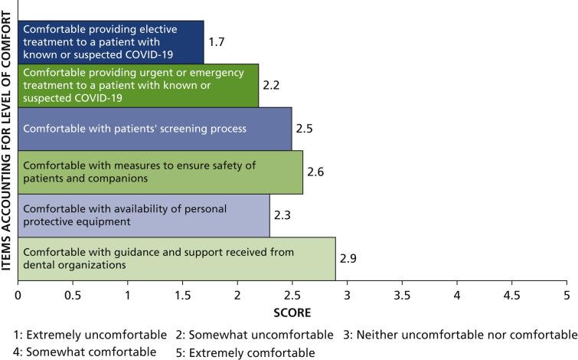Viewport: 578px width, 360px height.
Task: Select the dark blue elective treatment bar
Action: pyautogui.click(x=111, y=42)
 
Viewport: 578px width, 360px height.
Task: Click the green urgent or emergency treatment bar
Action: pyautogui.click(x=139, y=86)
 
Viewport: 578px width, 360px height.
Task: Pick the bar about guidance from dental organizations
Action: pyautogui.click(x=177, y=259)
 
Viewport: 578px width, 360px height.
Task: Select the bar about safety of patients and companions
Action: pyautogui.click(x=160, y=172)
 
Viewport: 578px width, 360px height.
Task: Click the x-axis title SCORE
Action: pyautogui.click(x=292, y=313)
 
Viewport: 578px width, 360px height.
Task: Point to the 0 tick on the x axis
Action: pyautogui.click(x=18, y=294)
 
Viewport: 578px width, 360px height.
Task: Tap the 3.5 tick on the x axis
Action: pyautogui.click(x=402, y=294)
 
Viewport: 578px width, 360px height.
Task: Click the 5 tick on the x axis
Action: pyautogui.click(x=567, y=294)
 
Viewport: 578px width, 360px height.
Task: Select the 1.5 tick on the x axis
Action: pyautogui.click(x=182, y=294)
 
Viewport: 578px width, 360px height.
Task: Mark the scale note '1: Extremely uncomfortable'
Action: pyautogui.click(x=90, y=335)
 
